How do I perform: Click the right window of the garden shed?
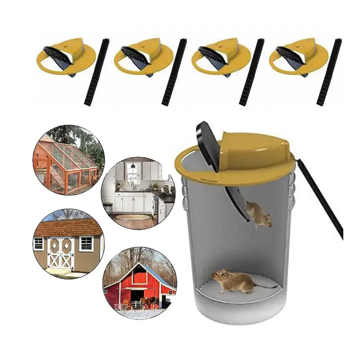click(x=86, y=244)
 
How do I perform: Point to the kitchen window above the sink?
click(x=132, y=172)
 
